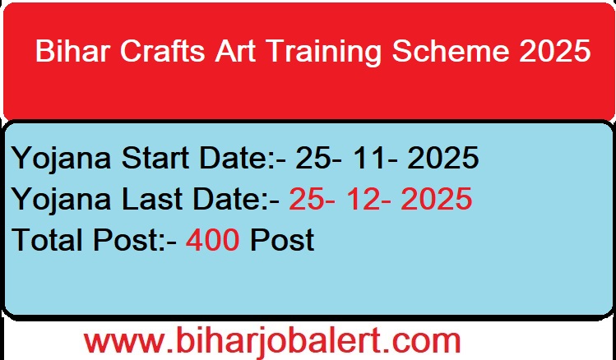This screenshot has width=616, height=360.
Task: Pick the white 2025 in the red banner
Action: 555,52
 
